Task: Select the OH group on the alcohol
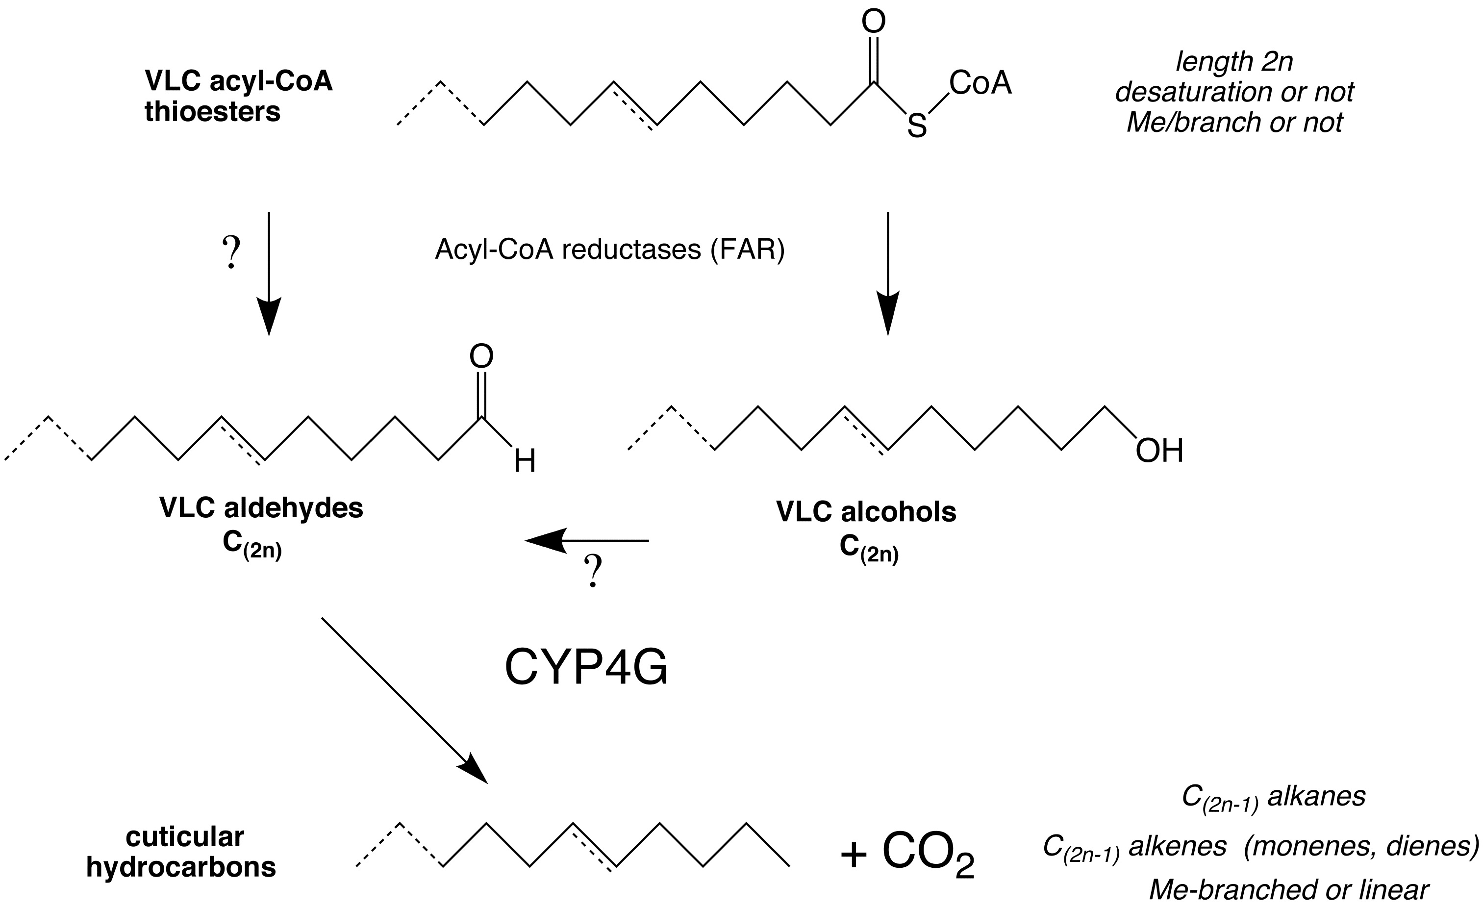tap(1159, 451)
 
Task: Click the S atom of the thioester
tap(917, 126)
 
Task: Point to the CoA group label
tap(980, 83)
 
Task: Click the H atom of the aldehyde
tap(525, 462)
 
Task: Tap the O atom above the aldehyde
tap(481, 357)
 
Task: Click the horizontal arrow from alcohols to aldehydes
tap(587, 540)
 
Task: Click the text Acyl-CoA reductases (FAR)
tap(610, 249)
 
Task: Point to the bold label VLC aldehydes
tap(261, 508)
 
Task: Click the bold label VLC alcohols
tap(866, 512)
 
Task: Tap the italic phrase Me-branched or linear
tap(1288, 890)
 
